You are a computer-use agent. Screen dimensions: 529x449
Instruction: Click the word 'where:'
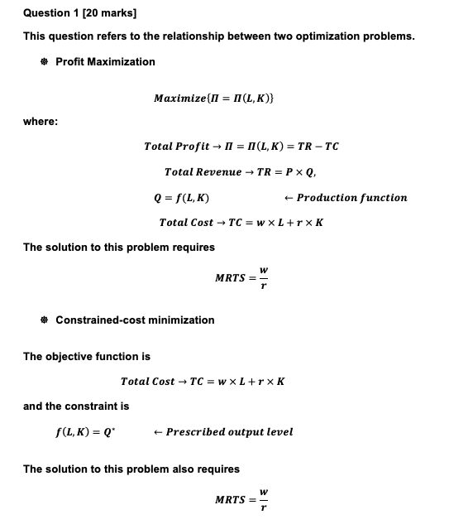[41, 122]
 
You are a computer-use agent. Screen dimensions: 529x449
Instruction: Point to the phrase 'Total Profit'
[170, 147]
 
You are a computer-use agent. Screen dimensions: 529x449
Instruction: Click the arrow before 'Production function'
[288, 198]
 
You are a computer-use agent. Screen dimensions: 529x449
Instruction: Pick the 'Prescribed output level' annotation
[229, 431]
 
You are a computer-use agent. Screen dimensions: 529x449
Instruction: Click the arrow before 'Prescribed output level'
[158, 431]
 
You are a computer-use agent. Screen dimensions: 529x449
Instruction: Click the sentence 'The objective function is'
[87, 357]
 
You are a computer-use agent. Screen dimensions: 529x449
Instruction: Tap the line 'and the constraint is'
[76, 406]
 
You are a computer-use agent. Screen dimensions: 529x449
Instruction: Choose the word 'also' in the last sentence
[173, 469]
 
